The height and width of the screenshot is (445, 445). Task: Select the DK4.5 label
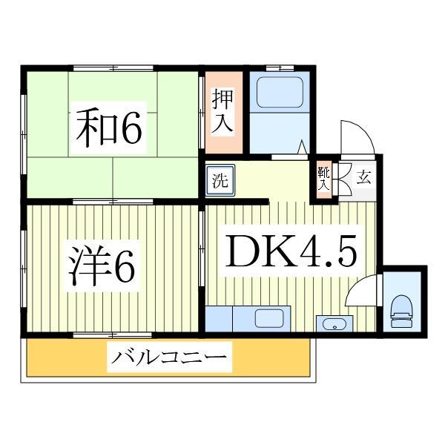[x=291, y=251]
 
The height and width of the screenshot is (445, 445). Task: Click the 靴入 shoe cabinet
[x=323, y=179]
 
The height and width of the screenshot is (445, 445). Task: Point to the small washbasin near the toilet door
[x=332, y=324]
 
